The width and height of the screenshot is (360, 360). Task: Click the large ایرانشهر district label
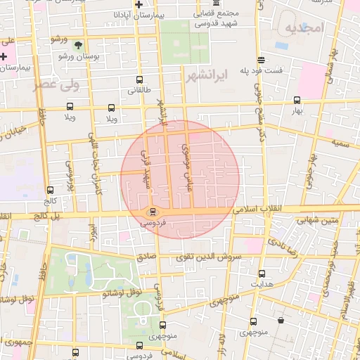pyautogui.click(x=210, y=75)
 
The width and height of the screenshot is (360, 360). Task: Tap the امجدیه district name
pyautogui.click(x=304, y=27)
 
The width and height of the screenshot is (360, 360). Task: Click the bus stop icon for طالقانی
pyautogui.click(x=139, y=79)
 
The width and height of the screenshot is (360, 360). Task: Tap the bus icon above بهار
pyautogui.click(x=297, y=100)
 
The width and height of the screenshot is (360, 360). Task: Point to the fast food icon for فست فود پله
pyautogui.click(x=262, y=60)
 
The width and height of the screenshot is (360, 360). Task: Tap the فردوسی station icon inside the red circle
pyautogui.click(x=153, y=211)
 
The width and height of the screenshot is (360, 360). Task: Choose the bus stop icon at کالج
pyautogui.click(x=49, y=189)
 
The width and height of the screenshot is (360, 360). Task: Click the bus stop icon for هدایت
pyautogui.click(x=262, y=274)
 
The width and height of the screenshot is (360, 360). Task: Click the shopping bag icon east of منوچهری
pyautogui.click(x=281, y=321)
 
